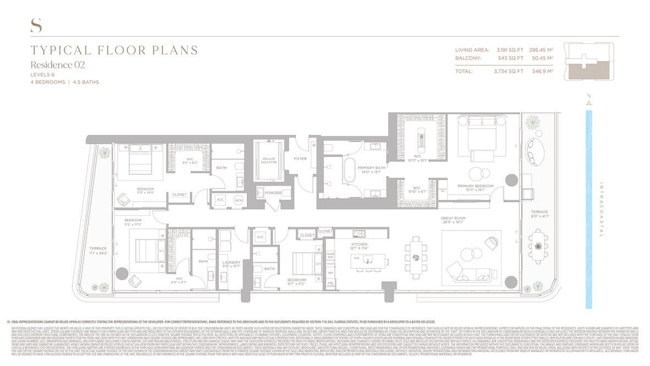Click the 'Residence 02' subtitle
coord(58,65)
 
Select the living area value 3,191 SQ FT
coord(510,50)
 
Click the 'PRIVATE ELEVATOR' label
coord(268,161)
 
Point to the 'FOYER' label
coord(300,159)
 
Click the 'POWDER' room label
coord(274,193)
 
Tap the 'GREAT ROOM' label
coord(453,218)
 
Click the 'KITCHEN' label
coord(359,244)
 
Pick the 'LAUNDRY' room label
coord(231,263)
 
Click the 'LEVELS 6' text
coord(42,74)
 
